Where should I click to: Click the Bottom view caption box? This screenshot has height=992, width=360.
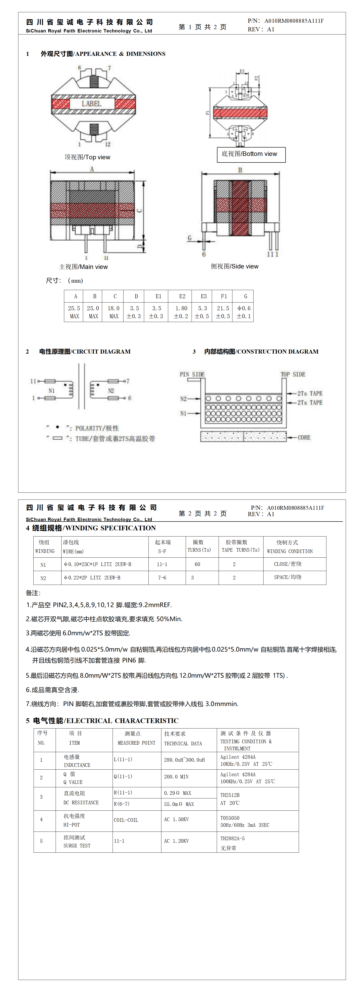251,154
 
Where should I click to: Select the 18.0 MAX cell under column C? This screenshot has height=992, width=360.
113,312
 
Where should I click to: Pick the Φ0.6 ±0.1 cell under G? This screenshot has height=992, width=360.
244,312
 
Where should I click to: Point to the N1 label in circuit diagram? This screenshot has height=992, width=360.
52,391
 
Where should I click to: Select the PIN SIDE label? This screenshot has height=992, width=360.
192,374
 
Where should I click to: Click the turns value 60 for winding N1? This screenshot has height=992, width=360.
197,564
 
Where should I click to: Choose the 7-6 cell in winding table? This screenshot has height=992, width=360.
162,578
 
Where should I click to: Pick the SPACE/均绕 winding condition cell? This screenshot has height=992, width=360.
288,577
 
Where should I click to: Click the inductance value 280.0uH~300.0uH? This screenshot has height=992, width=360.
185,760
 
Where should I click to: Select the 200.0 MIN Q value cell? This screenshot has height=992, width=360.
176,777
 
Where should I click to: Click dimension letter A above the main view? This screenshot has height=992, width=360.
92,169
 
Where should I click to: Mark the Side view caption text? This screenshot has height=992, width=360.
234,266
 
